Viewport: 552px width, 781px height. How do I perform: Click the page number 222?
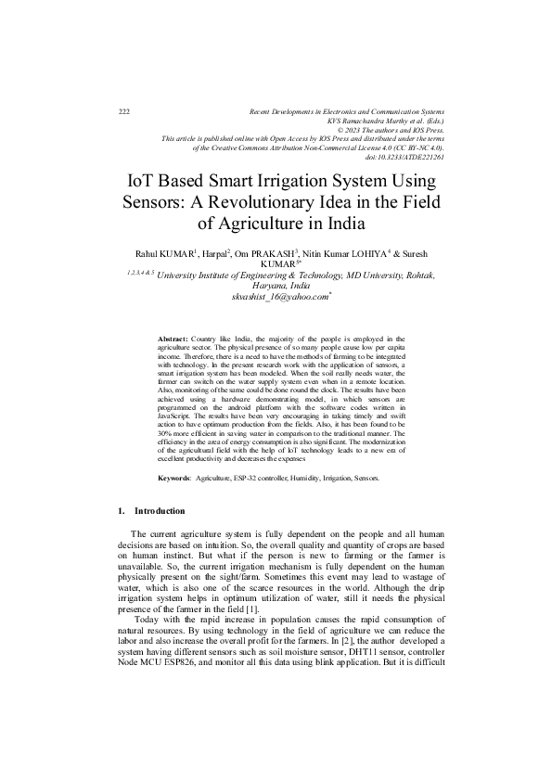coord(124,111)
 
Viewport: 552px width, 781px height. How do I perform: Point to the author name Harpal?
coord(206,253)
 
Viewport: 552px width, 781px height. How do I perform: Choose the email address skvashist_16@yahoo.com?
coord(281,297)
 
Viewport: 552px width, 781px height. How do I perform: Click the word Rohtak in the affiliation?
coord(417,275)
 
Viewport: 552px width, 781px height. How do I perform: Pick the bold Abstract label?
coord(173,341)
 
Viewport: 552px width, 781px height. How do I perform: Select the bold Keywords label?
coord(174,478)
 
